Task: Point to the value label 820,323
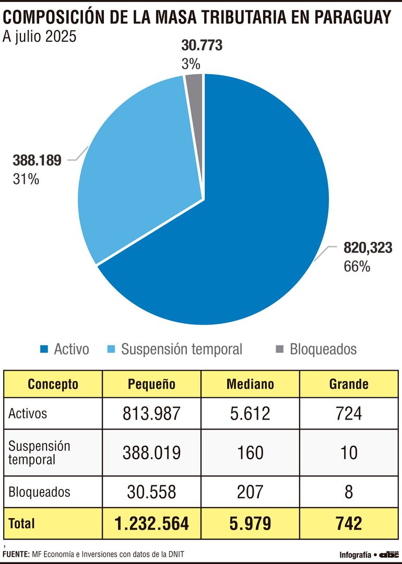[368, 249]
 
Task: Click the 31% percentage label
[26, 179]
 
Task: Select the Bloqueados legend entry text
[323, 349]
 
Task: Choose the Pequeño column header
[151, 384]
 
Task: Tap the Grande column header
[348, 384]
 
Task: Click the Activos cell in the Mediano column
[250, 413]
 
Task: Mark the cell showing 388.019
[151, 452]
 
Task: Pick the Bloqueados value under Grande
[348, 492]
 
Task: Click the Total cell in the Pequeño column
[151, 523]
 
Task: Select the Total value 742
[348, 523]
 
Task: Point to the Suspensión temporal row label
[39, 453]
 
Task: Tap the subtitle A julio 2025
[40, 38]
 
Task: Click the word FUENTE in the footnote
[16, 554]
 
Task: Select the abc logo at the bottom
[388, 554]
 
